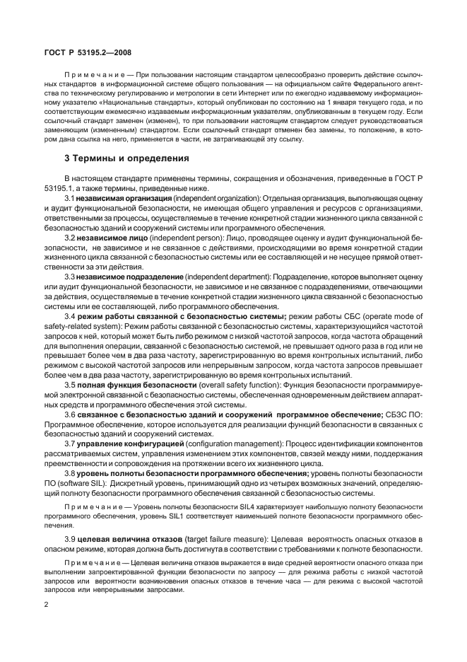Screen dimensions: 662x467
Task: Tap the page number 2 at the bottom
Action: [x=46, y=605]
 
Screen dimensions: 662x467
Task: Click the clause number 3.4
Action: [x=70, y=316]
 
